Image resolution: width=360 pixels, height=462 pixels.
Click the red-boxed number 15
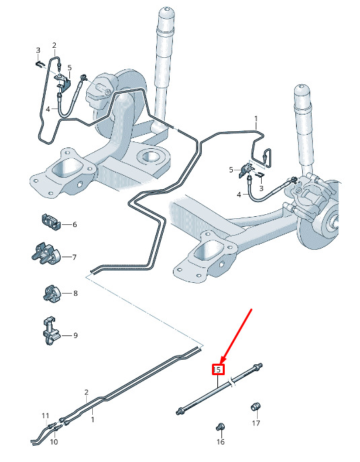(x=219, y=370)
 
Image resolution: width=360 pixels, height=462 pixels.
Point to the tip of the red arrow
(x=221, y=363)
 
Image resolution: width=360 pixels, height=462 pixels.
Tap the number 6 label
(x=75, y=224)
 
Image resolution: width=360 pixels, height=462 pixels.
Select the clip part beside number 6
(x=50, y=222)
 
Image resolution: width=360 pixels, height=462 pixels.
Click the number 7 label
(x=75, y=257)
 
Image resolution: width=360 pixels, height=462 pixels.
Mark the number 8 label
(x=75, y=294)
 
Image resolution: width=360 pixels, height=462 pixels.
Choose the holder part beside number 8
(x=52, y=293)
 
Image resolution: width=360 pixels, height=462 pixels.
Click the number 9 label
(x=75, y=335)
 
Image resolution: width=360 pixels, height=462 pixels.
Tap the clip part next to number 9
(x=50, y=331)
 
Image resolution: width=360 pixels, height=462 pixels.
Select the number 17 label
(x=256, y=423)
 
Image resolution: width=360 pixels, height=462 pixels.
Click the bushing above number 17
(x=256, y=407)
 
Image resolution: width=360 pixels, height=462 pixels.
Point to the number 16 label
(x=221, y=442)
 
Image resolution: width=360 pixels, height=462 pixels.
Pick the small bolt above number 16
(x=221, y=426)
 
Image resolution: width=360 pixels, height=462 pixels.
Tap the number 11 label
(x=45, y=416)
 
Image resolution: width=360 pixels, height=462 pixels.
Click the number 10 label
(x=54, y=442)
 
